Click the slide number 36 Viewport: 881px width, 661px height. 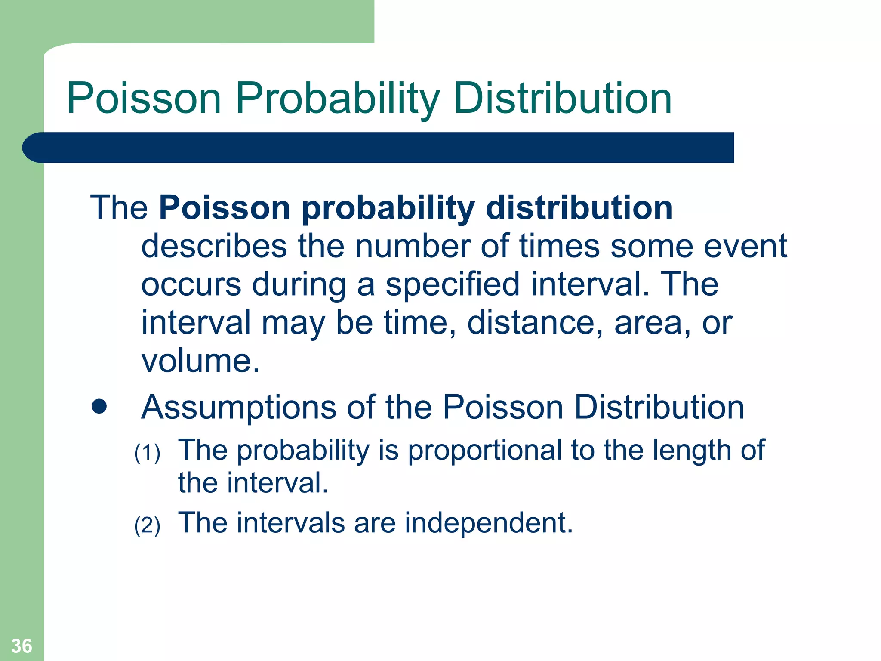click(22, 646)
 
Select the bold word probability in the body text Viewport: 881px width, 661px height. click(388, 209)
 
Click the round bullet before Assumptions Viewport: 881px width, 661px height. click(99, 407)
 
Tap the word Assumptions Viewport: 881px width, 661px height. click(239, 408)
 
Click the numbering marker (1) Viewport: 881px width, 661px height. click(147, 453)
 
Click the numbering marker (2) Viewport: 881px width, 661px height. click(147, 525)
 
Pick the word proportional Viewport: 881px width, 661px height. click(484, 451)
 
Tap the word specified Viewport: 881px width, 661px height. click(452, 284)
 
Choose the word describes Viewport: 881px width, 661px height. click(214, 246)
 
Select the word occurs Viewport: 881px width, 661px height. click(191, 284)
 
